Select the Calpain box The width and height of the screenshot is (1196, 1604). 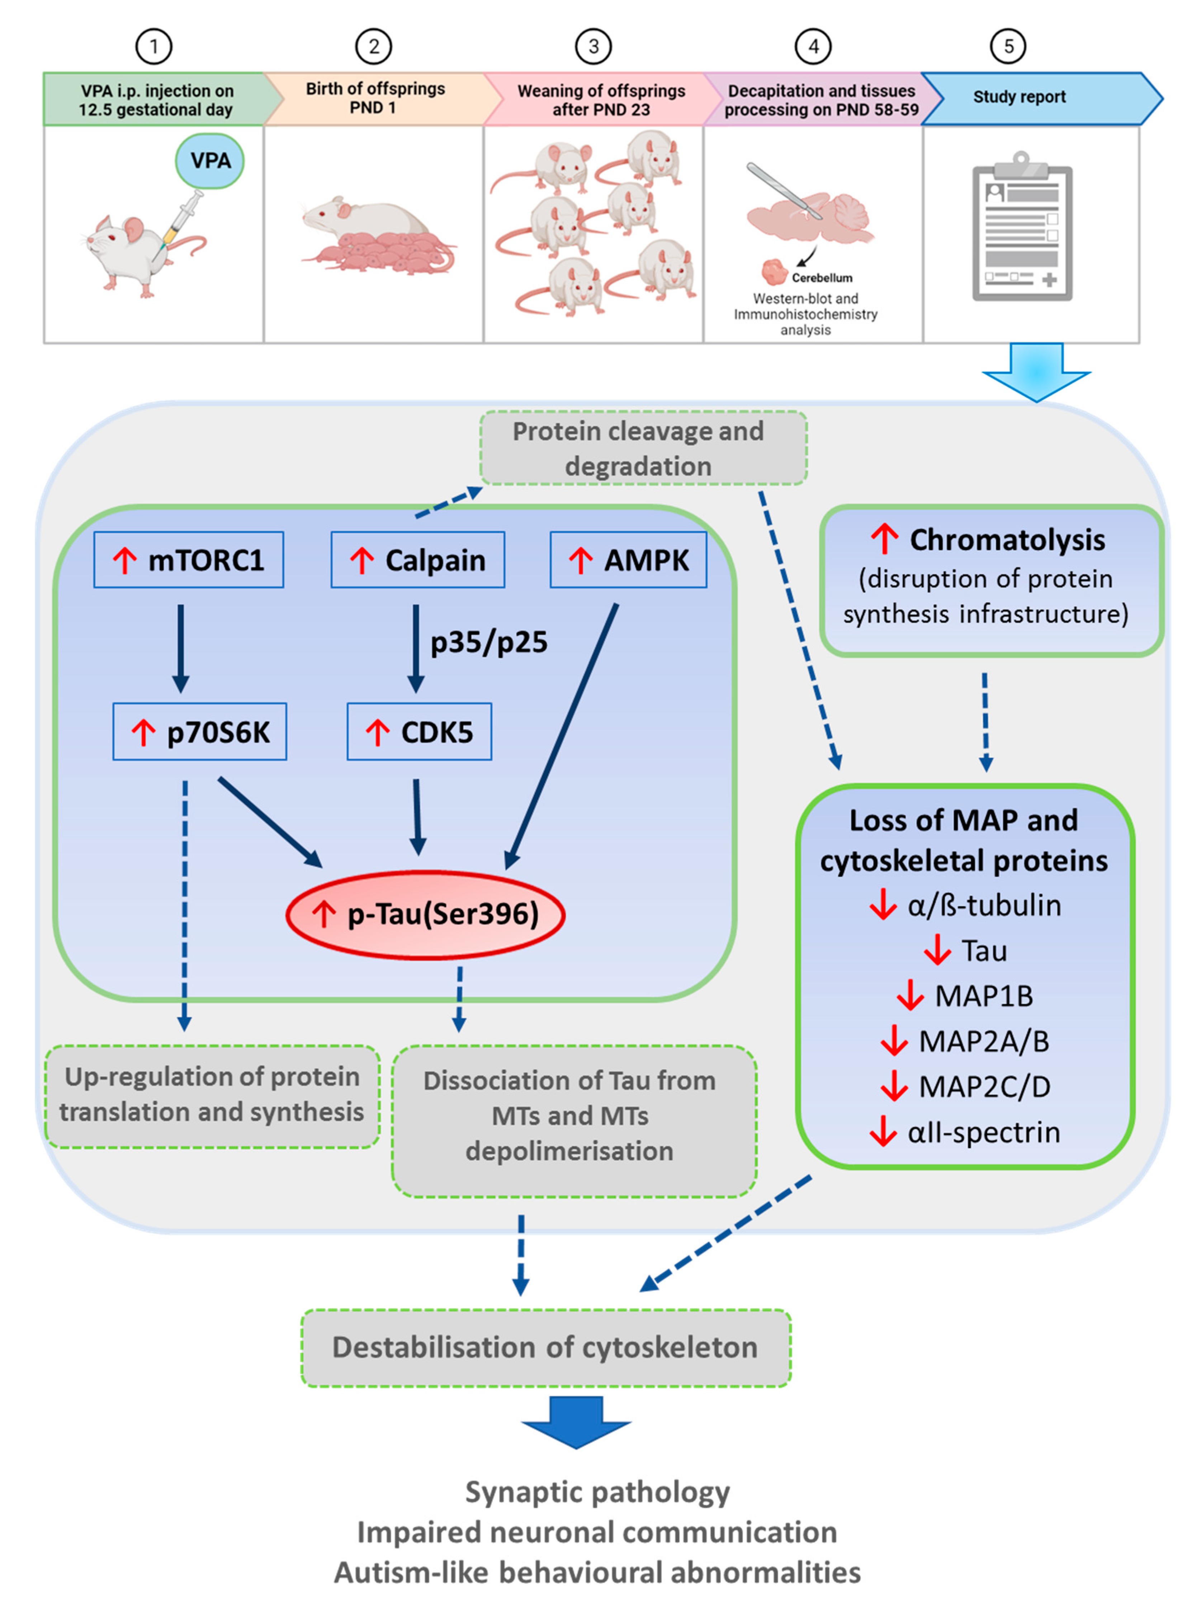click(x=418, y=560)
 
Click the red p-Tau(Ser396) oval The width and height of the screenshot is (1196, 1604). click(x=426, y=914)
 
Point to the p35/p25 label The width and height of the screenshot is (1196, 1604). click(x=489, y=642)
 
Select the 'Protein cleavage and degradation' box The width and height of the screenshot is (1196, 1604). click(x=643, y=448)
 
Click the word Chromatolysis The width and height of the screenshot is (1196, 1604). click(x=1006, y=540)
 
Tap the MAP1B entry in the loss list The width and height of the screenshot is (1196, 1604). click(x=983, y=996)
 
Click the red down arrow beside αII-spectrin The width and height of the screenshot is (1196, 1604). click(x=883, y=1131)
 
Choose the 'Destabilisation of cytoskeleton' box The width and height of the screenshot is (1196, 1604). click(x=545, y=1348)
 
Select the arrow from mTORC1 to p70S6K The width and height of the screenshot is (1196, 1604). click(x=181, y=648)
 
